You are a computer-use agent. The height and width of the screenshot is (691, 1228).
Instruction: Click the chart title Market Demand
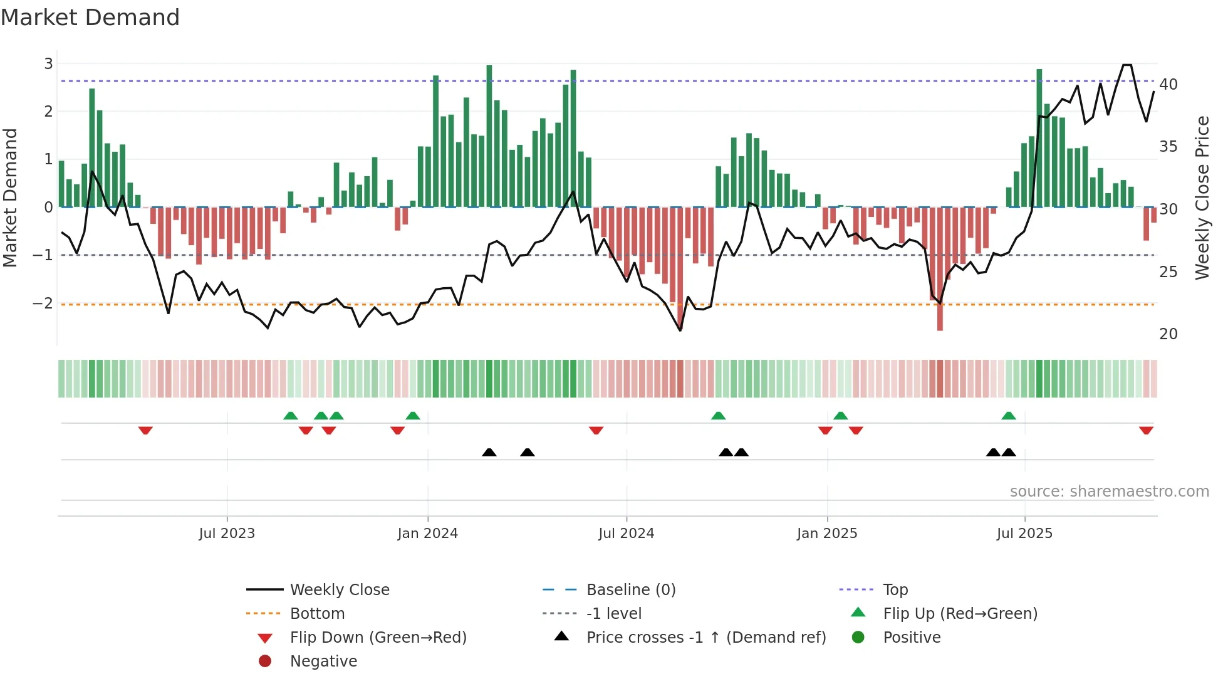(90, 18)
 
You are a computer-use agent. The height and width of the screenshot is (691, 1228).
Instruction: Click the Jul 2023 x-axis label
(227, 534)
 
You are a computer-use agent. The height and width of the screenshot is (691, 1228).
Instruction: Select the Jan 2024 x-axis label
(427, 534)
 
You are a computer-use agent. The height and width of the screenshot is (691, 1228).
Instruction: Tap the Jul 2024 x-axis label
(626, 534)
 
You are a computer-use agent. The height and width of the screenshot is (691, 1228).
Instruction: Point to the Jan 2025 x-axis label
(826, 534)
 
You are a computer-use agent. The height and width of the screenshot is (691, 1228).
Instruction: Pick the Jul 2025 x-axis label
(1024, 534)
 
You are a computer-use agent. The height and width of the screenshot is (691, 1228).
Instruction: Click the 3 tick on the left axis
(48, 63)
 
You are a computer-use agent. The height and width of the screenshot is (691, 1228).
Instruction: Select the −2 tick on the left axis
(43, 303)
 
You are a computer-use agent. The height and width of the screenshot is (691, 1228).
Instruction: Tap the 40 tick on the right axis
(1168, 84)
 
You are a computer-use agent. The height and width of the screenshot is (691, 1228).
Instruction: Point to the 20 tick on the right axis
(1168, 334)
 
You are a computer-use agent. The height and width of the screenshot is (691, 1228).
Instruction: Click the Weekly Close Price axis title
(1202, 198)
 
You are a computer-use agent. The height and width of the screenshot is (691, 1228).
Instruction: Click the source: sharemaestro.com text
(1109, 492)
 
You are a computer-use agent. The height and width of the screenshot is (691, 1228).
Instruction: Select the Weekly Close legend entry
(339, 590)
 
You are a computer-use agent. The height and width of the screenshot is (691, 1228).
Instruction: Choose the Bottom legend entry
(317, 614)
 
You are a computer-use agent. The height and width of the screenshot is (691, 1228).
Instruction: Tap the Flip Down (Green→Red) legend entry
(378, 638)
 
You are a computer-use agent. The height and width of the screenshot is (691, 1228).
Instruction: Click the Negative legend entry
(323, 662)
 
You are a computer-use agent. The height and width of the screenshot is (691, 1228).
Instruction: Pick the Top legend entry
(895, 590)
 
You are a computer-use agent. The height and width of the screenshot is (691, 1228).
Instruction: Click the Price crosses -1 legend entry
(705, 638)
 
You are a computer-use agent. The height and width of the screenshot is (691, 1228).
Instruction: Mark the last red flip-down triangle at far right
(1146, 430)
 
